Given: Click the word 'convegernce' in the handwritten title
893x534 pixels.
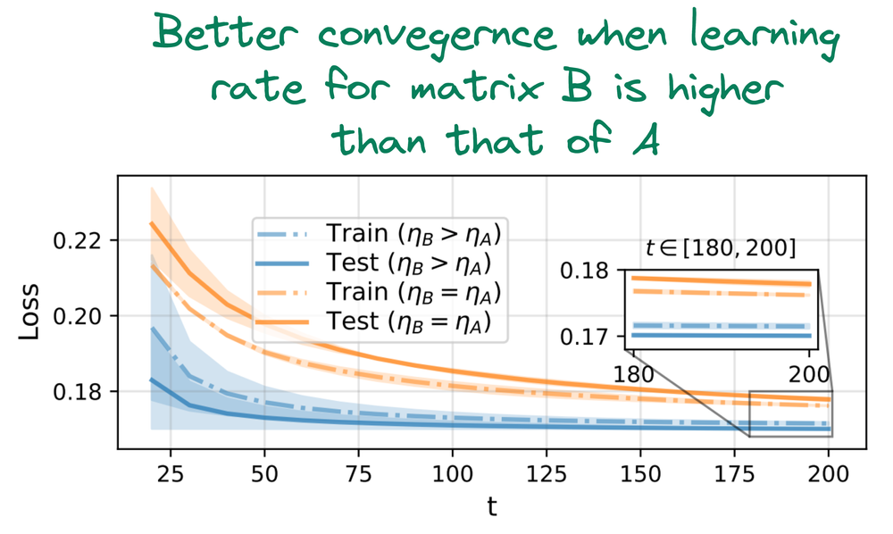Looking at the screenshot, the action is (437, 37).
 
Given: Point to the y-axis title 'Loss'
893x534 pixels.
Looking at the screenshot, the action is (29, 312).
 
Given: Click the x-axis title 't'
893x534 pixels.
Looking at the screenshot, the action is (492, 505).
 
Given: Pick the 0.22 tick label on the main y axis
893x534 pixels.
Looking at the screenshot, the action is (77, 241).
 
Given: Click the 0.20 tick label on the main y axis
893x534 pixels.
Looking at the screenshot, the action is (77, 316).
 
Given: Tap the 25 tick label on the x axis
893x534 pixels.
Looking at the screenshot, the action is (171, 473).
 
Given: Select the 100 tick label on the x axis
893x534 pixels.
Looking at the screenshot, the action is (452, 473).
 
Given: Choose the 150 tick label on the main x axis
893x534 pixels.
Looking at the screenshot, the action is (640, 473).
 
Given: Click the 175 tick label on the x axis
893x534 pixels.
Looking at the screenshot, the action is (734, 473).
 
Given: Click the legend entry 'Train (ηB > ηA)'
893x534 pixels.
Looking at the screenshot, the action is (379, 234).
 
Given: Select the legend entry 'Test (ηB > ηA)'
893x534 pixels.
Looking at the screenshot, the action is (373, 263).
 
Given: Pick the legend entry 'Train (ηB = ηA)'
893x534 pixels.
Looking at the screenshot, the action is (379, 293).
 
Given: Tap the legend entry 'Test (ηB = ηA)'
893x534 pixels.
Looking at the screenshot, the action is (373, 322).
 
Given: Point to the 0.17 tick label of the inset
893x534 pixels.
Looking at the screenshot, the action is (585, 337).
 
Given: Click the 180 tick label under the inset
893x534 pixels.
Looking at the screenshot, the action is (634, 374).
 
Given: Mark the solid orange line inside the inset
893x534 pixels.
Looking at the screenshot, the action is (722, 280).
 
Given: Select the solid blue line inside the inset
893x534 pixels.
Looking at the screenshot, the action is (722, 336).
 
